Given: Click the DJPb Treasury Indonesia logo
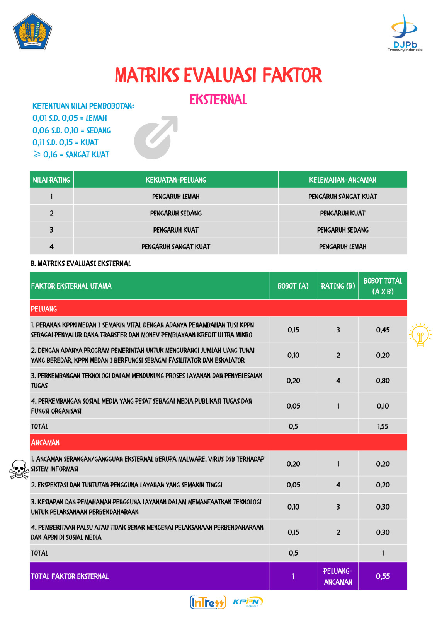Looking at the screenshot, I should [405, 32].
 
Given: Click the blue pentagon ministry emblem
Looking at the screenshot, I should [32, 32].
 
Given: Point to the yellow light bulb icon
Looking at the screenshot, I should [420, 335].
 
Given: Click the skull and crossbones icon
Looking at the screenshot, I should [19, 469].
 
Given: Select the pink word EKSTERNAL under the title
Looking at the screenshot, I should [218, 100].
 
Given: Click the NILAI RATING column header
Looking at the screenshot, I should [51, 180].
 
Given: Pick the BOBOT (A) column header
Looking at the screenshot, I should [293, 286].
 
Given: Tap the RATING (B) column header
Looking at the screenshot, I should [338, 286].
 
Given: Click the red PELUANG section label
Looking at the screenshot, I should [44, 309].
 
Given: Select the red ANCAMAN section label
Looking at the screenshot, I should [45, 443].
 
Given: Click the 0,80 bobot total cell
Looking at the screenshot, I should [383, 381].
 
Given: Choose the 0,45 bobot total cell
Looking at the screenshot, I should [383, 330].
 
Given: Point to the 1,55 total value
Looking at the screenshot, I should [383, 426].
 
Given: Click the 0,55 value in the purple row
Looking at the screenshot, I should [383, 576].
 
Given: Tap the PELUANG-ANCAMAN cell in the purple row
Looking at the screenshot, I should [338, 576].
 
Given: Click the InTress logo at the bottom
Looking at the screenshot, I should [207, 602].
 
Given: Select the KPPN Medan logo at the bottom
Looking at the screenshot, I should [248, 602].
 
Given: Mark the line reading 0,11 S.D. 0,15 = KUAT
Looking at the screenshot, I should [65, 142].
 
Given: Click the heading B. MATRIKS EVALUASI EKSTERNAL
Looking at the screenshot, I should [81, 263].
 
